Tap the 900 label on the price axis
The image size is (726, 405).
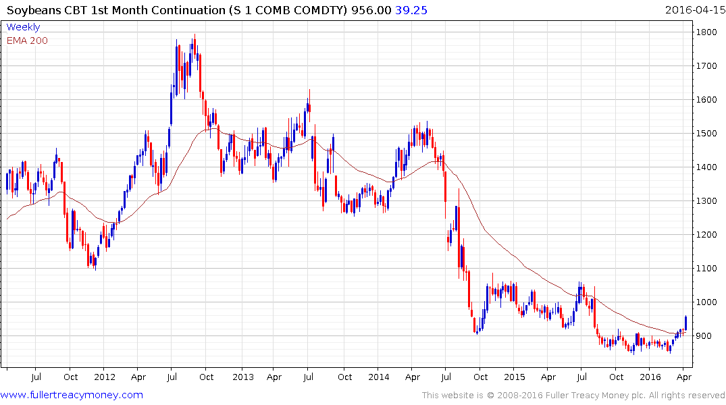pos(704,336)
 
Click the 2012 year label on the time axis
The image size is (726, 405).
pos(104,377)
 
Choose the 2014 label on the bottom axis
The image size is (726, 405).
pos(378,377)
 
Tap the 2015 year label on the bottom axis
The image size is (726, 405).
pos(515,377)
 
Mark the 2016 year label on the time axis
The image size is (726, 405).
pos(651,377)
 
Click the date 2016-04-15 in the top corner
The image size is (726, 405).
pos(693,10)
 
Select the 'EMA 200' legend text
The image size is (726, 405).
pos(27,40)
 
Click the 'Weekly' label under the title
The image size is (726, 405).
pos(23,27)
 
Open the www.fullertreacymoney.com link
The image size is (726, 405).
pos(72,395)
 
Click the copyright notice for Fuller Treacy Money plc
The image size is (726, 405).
pos(573,396)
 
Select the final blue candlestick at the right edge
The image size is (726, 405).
pos(685,323)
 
